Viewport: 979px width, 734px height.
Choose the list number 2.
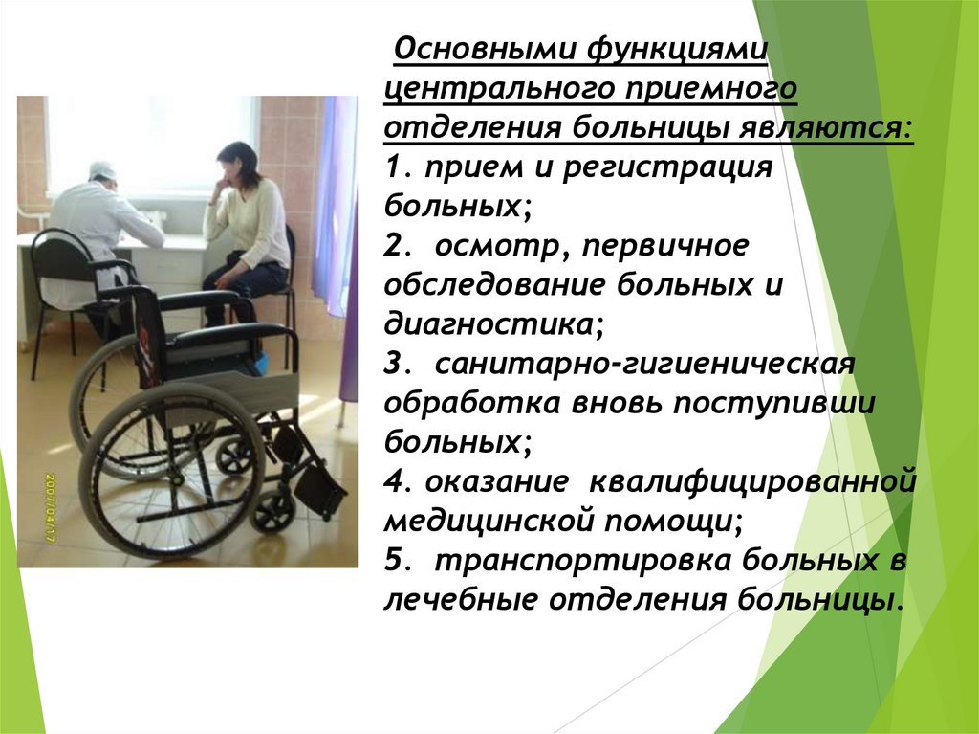[x=394, y=246]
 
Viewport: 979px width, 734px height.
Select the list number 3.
[x=394, y=365]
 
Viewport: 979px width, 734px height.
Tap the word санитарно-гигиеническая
[x=642, y=365]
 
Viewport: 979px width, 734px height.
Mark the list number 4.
[x=394, y=481]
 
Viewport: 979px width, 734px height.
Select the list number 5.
[x=394, y=561]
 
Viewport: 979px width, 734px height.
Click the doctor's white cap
[x=102, y=169]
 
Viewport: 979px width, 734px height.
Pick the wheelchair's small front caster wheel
[x=273, y=512]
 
